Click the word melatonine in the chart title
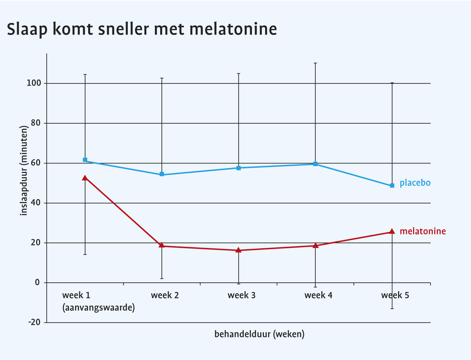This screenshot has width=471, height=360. pos(233,29)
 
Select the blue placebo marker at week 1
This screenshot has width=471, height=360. pos(85,160)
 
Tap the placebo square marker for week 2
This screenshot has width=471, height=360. pos(162,174)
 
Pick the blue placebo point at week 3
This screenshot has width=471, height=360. pos(238,168)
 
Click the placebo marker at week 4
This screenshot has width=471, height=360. pos(315,164)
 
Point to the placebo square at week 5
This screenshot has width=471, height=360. pos(392,186)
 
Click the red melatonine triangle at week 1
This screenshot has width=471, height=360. pos(85,178)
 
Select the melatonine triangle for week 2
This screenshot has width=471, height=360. pos(161,245)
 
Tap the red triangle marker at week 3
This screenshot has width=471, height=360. pos(238,250)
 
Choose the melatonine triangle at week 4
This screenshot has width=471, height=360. pos(315,246)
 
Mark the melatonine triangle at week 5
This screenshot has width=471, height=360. pos(392,231)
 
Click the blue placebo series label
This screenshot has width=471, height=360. pos(415,183)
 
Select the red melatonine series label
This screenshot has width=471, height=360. pos(423,231)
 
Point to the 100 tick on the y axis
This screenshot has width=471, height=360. pos(34,84)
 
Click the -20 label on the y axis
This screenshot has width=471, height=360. pos(34,323)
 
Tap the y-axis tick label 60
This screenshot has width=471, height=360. pos(36,163)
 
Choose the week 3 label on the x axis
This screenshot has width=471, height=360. pos(241,295)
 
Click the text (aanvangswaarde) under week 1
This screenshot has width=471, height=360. pos(99,308)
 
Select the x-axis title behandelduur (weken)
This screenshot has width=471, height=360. pos(260,334)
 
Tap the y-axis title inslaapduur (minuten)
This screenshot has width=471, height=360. pos(24,170)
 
